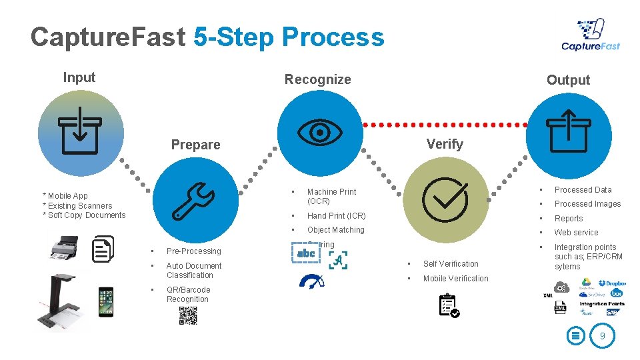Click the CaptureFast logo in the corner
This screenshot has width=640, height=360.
(591, 35)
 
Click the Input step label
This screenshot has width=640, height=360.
(79, 77)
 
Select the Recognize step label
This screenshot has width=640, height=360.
(317, 79)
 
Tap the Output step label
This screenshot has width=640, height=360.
(568, 80)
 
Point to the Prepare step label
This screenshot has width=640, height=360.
(195, 145)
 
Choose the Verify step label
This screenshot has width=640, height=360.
(444, 144)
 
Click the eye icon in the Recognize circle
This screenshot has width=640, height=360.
(320, 132)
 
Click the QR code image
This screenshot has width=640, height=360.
(188, 315)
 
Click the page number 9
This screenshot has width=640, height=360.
(602, 337)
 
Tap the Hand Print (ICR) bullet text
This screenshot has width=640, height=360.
(336, 216)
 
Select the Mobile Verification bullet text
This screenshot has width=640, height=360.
(455, 279)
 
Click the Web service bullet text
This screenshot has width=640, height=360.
(576, 233)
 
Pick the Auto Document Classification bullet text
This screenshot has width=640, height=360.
(194, 271)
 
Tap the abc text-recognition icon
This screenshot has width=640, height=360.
(305, 253)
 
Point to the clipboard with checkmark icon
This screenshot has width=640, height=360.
(449, 304)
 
